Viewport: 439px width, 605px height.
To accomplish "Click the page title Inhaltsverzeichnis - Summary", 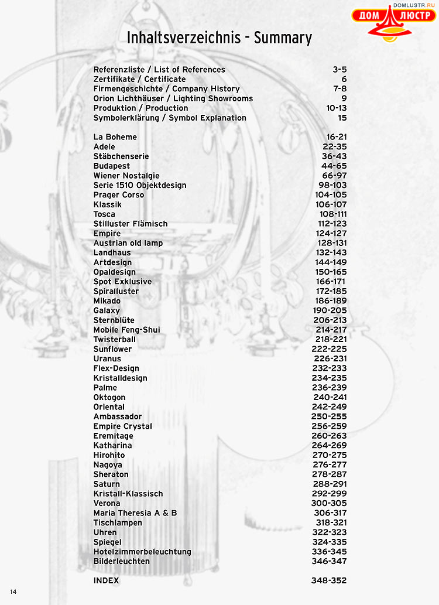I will (220, 38).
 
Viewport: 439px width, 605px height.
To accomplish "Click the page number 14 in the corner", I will (13, 592).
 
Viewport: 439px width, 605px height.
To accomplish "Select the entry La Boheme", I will (115, 137).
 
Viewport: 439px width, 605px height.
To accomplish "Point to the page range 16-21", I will (335, 137).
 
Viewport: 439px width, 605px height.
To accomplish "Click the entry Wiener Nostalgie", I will (126, 176).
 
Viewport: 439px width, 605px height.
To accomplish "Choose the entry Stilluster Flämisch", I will (131, 224).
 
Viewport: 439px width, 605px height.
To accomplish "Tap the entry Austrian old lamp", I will (128, 243).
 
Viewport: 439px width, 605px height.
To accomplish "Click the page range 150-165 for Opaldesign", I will (330, 272).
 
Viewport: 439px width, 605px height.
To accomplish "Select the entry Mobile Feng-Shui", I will (127, 330).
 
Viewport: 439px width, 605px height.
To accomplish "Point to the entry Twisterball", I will (115, 339).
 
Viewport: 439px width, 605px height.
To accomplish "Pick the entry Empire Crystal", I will (123, 426).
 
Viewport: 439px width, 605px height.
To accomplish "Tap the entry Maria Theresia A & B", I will (135, 513).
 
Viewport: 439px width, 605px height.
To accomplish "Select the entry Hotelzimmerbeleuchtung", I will (142, 552).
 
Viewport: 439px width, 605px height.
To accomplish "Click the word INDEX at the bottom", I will (106, 580).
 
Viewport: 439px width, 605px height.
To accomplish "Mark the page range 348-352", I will (329, 580).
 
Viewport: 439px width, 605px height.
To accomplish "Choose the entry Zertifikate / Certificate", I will (140, 79).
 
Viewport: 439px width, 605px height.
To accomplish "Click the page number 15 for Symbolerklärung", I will (342, 118).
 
